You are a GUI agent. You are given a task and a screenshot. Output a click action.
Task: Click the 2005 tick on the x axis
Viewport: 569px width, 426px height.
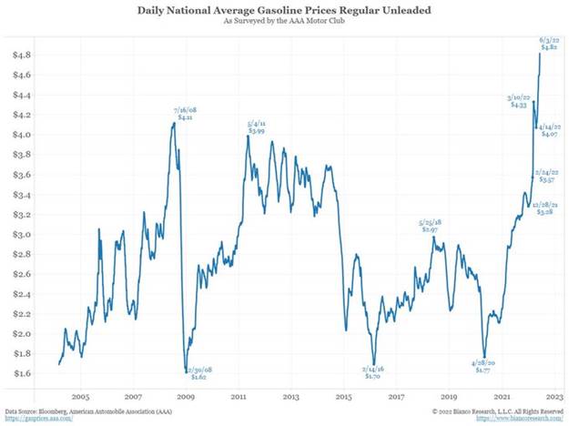[x=80, y=399]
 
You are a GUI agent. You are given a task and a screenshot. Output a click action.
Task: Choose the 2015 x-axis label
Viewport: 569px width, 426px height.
[x=344, y=399]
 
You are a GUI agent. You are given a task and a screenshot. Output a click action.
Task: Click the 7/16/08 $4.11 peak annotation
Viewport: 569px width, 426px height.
[x=185, y=114]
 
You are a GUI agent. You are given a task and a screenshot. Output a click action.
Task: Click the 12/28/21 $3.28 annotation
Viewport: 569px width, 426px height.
[x=546, y=208]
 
